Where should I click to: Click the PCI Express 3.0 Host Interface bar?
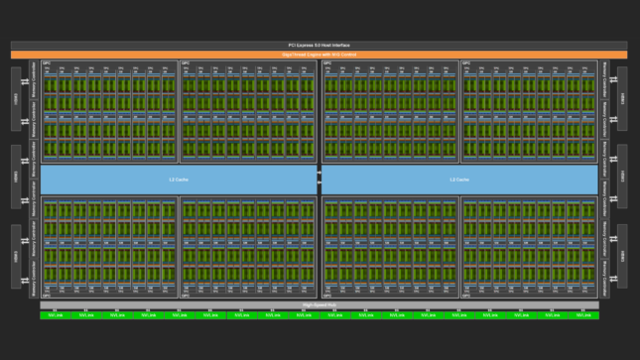[x=320, y=45]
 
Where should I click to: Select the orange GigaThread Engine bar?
[x=320, y=54]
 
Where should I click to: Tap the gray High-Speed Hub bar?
[x=320, y=304]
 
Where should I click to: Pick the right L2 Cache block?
[x=459, y=180]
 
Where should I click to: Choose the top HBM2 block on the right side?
[x=622, y=98]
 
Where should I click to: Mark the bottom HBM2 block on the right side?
[x=622, y=256]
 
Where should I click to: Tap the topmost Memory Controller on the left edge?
[x=34, y=73]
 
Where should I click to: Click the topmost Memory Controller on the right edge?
[x=605, y=73]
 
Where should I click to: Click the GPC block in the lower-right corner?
[x=530, y=247]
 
